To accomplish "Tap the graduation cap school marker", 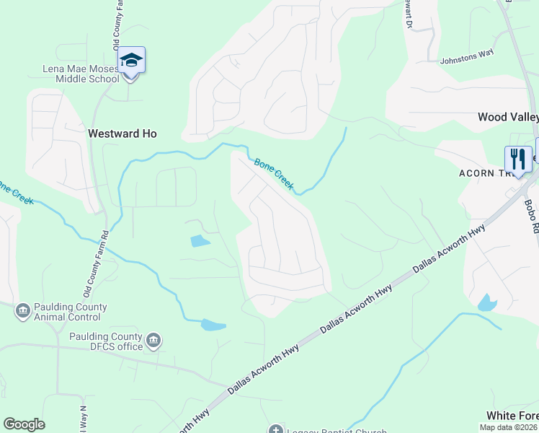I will (132, 60).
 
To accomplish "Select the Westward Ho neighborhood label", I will (122, 134).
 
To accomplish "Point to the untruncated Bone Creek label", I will (274, 175).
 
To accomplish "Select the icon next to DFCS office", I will (153, 340).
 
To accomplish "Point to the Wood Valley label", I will (508, 117).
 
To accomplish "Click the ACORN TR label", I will (486, 173).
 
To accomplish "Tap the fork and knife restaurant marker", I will (517, 158).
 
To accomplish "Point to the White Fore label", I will (512, 416).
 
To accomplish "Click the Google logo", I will (24, 424).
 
